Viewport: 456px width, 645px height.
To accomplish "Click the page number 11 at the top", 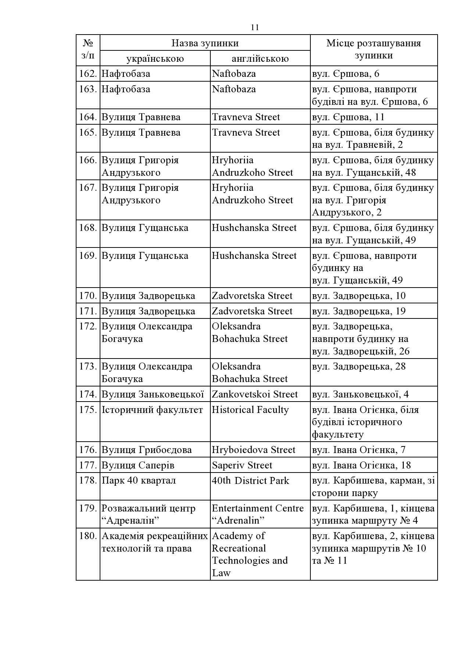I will coord(255,28).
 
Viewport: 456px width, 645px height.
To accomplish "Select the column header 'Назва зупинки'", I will coord(205,43).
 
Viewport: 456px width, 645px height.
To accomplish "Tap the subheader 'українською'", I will coord(155,58).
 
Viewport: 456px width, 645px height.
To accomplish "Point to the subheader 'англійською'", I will coord(260,58).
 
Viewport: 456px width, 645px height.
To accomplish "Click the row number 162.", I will coord(88,74).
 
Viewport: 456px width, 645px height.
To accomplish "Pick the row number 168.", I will coord(88,228).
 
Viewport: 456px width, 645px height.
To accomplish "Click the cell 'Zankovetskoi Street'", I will coord(254,394).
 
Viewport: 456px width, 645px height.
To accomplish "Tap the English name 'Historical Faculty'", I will coord(250,410).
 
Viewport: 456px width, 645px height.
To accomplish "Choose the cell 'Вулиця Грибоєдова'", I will coord(146,450).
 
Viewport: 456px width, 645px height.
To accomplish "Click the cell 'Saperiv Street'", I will coord(242,465).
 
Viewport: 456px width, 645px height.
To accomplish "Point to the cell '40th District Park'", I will coord(250,481).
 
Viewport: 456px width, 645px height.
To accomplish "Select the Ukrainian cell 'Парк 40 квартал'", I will coord(139,481).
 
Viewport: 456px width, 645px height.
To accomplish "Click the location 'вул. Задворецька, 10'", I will coord(359,296).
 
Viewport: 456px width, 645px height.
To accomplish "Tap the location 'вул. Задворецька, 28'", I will coord(359,366).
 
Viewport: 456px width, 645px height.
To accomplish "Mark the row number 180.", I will coord(88,536).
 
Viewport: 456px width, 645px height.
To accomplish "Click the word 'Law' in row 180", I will coord(221,573).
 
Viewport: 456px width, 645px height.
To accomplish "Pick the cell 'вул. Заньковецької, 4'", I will coord(360,394).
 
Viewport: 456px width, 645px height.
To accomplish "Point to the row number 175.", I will coord(88,410).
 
